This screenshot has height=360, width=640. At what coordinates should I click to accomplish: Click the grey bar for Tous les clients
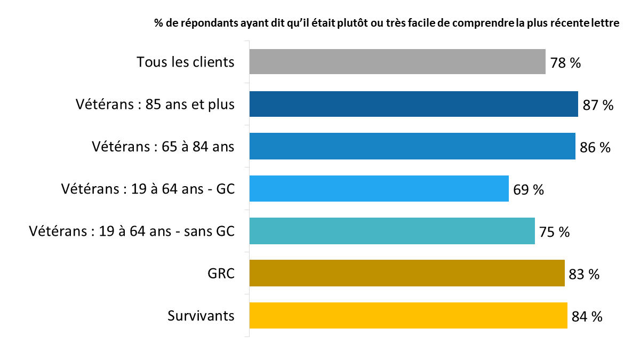tap(397, 61)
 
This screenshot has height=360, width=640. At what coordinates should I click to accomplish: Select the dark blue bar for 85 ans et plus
tap(413, 104)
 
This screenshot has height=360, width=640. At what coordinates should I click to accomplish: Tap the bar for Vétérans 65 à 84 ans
tap(412, 146)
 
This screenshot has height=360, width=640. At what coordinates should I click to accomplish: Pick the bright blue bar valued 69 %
tap(379, 188)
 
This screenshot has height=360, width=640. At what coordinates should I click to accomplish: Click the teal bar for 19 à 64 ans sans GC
tap(392, 231)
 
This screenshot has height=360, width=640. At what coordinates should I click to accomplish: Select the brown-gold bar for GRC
tap(407, 273)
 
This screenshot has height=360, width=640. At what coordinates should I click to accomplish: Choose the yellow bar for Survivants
tap(408, 315)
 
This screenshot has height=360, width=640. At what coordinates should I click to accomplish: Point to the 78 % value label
tap(565, 63)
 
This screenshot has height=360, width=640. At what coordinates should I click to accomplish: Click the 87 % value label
tap(598, 105)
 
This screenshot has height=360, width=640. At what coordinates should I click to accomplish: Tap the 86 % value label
tap(595, 147)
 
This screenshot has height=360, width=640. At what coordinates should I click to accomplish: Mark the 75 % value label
tap(554, 232)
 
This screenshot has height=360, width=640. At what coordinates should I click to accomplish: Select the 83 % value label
tap(584, 274)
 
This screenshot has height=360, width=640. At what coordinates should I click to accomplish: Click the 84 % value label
tap(587, 316)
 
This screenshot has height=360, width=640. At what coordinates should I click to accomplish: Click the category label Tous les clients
tap(186, 62)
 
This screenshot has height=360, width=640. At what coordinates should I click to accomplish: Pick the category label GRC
tap(221, 273)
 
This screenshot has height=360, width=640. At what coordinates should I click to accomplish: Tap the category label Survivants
tap(201, 316)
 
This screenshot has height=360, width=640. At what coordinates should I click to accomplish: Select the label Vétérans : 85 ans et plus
tap(155, 105)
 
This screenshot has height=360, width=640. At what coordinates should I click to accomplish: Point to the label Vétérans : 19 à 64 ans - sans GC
tap(132, 231)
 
